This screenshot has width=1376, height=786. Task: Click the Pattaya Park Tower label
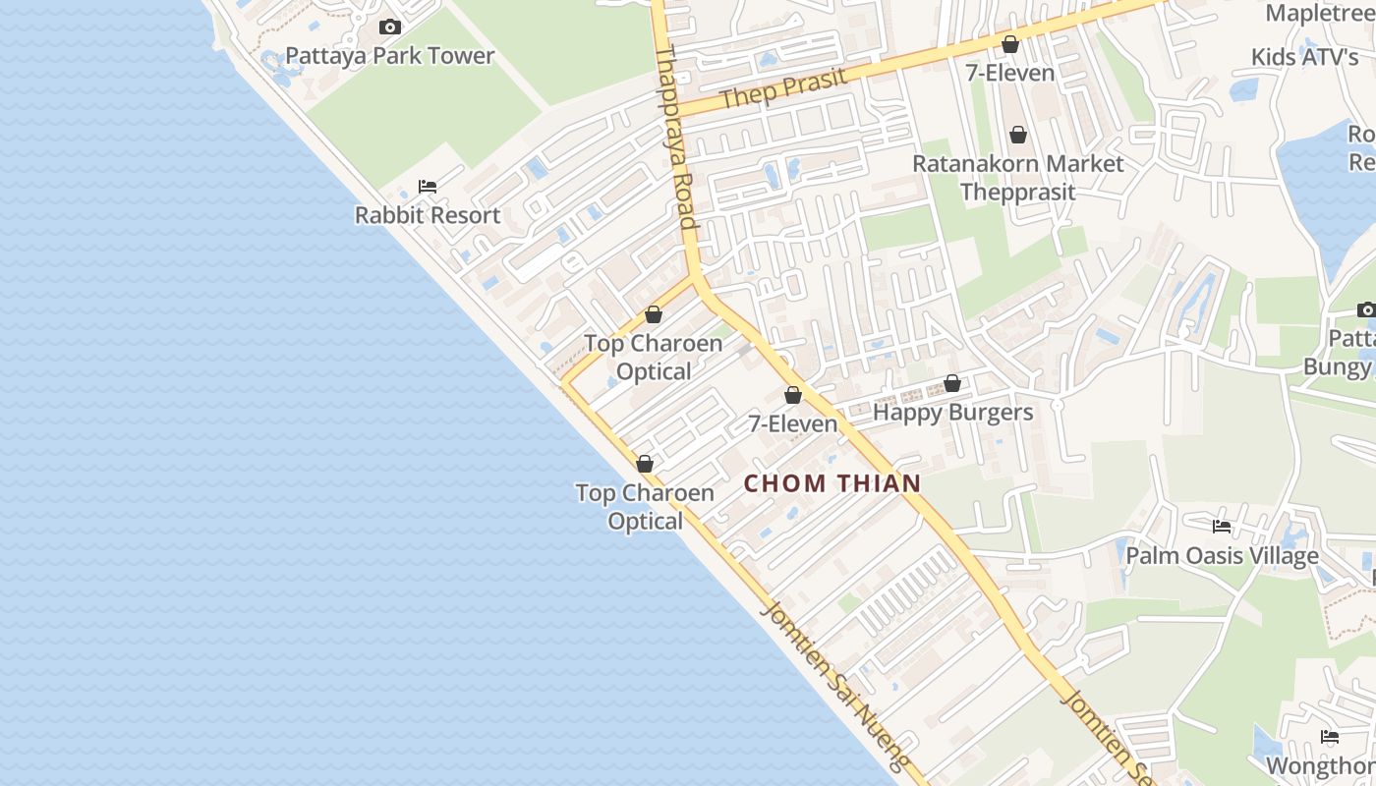click(389, 56)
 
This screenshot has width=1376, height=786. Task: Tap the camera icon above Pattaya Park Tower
click(390, 28)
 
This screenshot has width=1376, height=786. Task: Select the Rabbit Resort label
click(428, 215)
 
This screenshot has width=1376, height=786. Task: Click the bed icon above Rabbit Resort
click(428, 187)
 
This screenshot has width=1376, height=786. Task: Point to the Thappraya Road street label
click(676, 138)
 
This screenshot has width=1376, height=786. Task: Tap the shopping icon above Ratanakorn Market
click(1017, 135)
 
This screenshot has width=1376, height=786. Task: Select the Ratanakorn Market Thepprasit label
click(1017, 178)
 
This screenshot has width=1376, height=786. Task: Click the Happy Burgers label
click(952, 413)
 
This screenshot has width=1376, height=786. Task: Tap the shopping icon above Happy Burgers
click(951, 383)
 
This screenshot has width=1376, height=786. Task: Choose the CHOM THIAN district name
click(832, 483)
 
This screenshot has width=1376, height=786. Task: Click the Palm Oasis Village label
click(1222, 556)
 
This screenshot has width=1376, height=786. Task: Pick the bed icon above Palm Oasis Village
click(1222, 527)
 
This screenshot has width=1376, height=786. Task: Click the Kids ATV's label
click(1304, 57)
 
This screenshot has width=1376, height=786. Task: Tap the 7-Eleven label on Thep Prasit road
click(1009, 73)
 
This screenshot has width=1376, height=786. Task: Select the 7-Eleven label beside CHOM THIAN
click(793, 423)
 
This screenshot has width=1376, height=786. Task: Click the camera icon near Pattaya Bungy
click(1366, 310)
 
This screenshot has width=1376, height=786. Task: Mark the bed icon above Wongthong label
click(1330, 737)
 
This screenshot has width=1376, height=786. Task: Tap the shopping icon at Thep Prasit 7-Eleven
click(1009, 44)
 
